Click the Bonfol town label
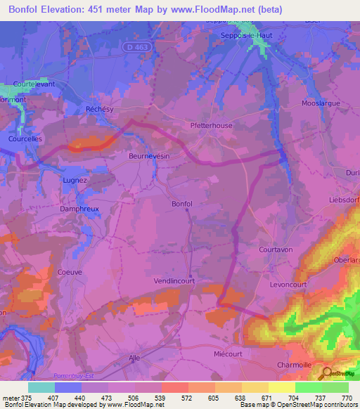coord(181,204)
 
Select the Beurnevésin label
coord(149,157)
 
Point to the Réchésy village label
coord(98,110)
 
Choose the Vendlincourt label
coord(174,280)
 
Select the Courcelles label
coord(26,139)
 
